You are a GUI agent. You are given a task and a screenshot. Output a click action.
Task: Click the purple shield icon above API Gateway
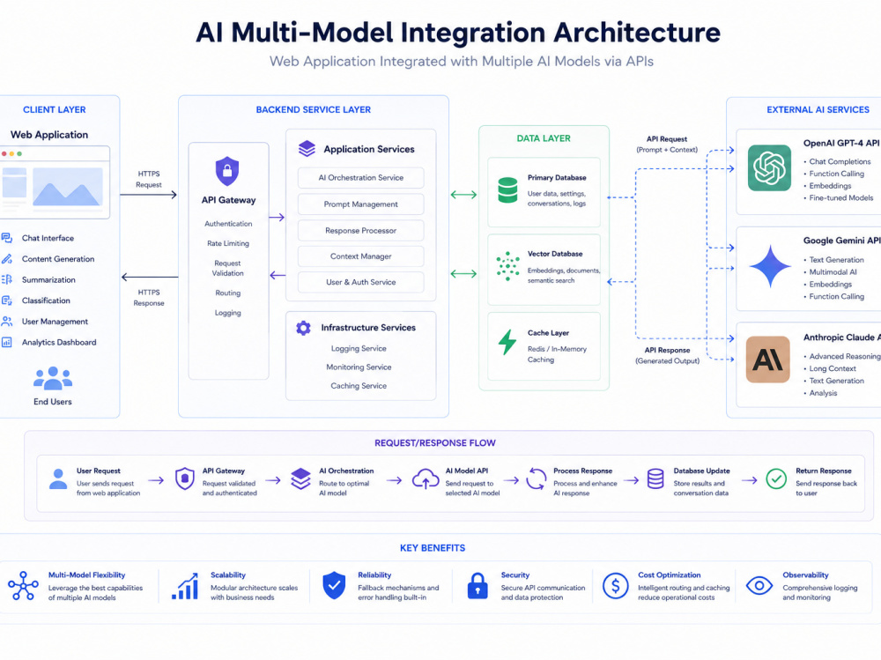click(227, 171)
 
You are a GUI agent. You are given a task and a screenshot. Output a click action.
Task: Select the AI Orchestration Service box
click(360, 178)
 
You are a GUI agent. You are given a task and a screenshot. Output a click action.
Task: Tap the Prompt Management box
click(360, 204)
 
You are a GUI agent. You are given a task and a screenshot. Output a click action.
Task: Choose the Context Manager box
click(360, 256)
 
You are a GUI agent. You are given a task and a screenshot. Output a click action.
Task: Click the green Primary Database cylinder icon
click(508, 190)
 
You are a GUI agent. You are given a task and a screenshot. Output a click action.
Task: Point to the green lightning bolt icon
click(507, 342)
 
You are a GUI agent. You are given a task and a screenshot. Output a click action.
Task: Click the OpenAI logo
click(769, 167)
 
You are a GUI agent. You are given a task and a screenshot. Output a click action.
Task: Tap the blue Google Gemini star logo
click(770, 266)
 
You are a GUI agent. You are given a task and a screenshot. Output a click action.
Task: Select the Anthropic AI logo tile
click(768, 360)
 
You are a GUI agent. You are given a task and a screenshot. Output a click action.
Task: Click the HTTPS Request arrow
click(148, 195)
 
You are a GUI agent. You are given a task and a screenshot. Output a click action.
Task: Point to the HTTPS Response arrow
click(150, 277)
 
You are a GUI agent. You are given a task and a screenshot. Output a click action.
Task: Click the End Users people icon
click(53, 378)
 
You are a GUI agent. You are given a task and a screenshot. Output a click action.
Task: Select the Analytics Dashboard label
click(59, 343)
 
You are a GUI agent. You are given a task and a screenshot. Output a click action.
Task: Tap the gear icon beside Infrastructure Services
click(303, 328)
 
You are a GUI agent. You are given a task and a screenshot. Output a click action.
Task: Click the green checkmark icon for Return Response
click(776, 479)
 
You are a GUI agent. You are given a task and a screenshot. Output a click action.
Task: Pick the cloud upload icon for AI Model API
click(426, 479)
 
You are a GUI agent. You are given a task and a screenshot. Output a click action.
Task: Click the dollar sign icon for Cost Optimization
click(615, 586)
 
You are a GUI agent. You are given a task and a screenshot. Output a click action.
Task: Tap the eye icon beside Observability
click(759, 586)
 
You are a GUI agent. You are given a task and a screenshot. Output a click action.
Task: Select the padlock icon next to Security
click(478, 586)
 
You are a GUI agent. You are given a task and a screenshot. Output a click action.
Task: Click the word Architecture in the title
click(637, 33)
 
